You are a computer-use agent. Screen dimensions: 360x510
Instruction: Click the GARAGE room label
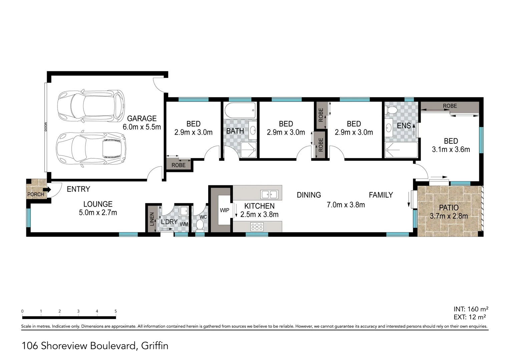point(142,118)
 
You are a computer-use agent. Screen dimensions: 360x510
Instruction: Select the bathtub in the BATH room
point(240,110)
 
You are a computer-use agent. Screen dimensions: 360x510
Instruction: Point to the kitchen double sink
point(269,194)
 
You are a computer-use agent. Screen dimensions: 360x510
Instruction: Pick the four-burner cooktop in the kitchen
point(257,227)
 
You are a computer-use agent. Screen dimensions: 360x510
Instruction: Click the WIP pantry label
point(224,210)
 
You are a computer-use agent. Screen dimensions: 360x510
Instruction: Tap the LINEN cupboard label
point(152,219)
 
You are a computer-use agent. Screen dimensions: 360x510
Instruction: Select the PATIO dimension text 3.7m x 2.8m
point(449,216)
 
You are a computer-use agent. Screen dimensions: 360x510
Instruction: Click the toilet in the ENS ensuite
point(392,110)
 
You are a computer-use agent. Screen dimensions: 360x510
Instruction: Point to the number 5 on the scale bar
point(116,311)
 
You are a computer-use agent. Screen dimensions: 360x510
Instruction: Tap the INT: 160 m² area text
point(471,309)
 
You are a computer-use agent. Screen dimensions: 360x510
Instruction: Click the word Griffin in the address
point(154,346)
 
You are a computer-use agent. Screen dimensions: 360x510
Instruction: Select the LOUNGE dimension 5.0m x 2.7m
point(98,213)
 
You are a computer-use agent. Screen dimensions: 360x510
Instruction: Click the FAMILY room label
point(381,195)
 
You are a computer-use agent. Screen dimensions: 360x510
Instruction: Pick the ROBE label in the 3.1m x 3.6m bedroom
point(450,106)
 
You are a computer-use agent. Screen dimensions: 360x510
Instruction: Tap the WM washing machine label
point(184,224)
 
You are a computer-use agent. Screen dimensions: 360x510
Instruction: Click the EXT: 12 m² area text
point(469,317)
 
